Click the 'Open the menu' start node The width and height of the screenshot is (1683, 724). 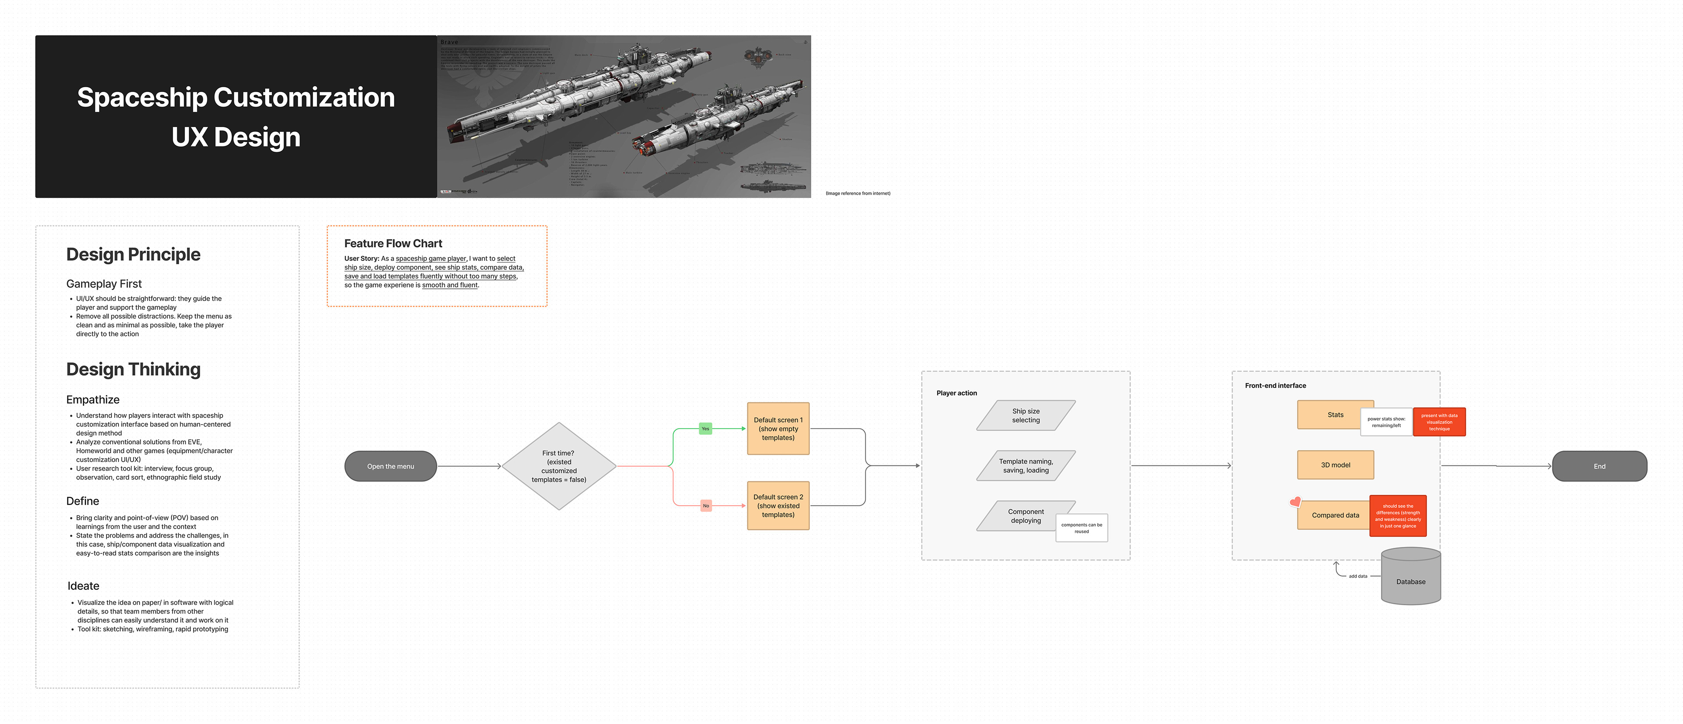(390, 466)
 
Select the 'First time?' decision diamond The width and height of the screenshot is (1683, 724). (559, 466)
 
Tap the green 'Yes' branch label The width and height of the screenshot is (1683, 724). (705, 429)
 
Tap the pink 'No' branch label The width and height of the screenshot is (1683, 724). (706, 506)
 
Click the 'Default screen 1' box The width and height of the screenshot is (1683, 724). (778, 429)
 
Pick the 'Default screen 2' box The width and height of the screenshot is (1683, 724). (778, 506)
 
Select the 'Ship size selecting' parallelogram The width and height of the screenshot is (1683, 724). (1025, 415)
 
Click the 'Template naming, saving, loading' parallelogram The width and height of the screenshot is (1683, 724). (1025, 466)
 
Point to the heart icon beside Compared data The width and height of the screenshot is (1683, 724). (1295, 502)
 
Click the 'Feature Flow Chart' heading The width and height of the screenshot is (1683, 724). (393, 244)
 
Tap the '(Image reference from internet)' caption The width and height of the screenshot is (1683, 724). (857, 193)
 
